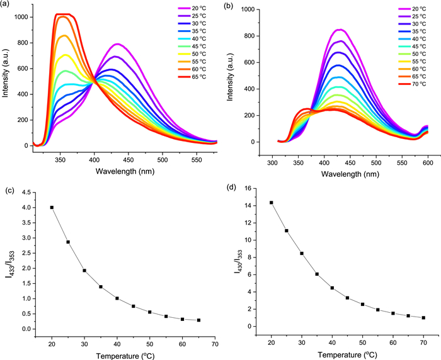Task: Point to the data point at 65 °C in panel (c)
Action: pyautogui.click(x=198, y=320)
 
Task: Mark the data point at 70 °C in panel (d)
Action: pyautogui.click(x=423, y=317)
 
